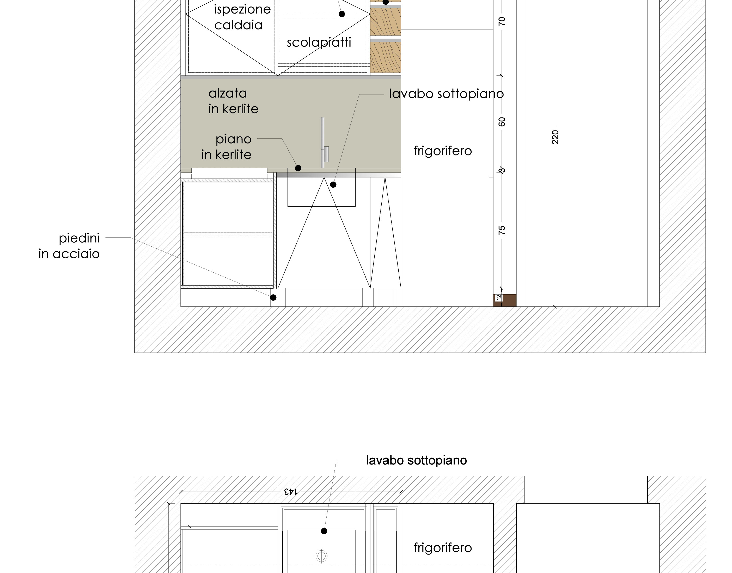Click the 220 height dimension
pyautogui.click(x=555, y=137)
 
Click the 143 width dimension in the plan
pyautogui.click(x=291, y=492)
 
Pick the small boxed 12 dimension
pyautogui.click(x=498, y=297)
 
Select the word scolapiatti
pyautogui.click(x=319, y=43)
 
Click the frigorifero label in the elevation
pyautogui.click(x=443, y=151)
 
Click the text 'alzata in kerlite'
pyautogui.click(x=233, y=101)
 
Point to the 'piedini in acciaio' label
pyautogui.click(x=69, y=246)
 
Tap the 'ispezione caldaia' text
pyautogui.click(x=242, y=17)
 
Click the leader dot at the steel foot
pyautogui.click(x=273, y=297)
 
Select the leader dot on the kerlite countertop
pyautogui.click(x=298, y=168)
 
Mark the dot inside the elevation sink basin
pyautogui.click(x=333, y=184)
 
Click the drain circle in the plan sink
pyautogui.click(x=321, y=556)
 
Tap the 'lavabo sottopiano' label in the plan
pyautogui.click(x=416, y=460)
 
